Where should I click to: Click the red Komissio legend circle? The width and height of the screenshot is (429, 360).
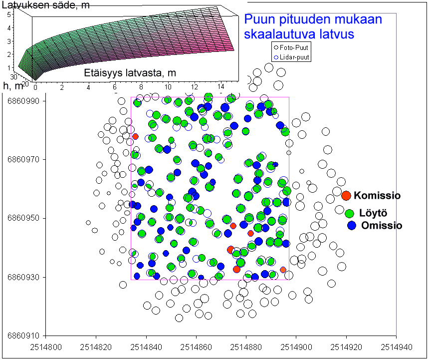pyautogui.click(x=346, y=195)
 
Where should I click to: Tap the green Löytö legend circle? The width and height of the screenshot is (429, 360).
pyautogui.click(x=350, y=213)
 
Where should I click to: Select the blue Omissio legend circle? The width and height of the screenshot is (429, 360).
pyautogui.click(x=352, y=225)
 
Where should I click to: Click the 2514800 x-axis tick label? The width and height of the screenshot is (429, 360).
pyautogui.click(x=46, y=346)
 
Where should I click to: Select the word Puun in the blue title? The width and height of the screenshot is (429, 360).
pyautogui.click(x=258, y=20)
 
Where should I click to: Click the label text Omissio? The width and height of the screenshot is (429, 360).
pyautogui.click(x=382, y=226)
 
